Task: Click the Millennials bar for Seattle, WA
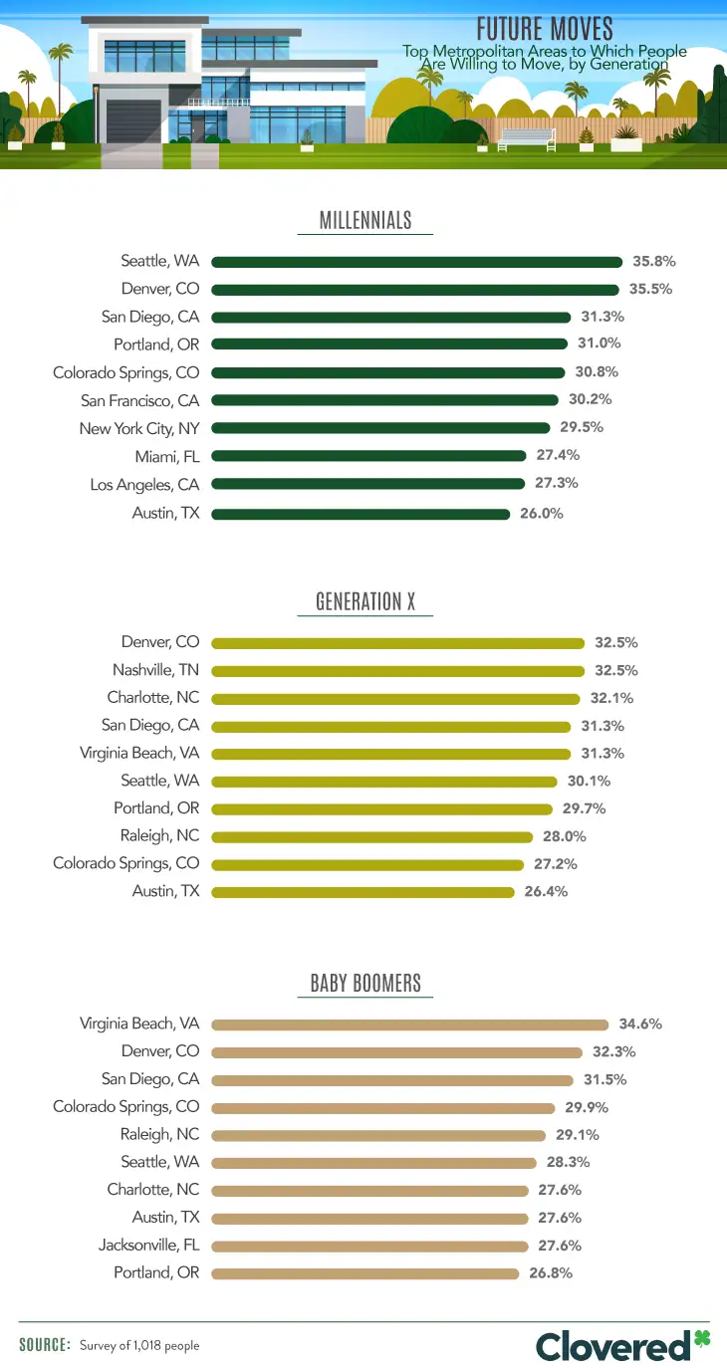(416, 262)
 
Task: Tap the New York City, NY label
(139, 428)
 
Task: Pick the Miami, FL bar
(368, 456)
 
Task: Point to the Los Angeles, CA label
(144, 484)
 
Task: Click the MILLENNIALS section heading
(364, 221)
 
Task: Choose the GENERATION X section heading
(364, 601)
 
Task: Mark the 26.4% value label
(546, 891)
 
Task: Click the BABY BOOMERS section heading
(364, 984)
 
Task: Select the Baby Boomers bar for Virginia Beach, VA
(409, 1024)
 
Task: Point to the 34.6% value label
(640, 1024)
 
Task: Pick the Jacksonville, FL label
(148, 1245)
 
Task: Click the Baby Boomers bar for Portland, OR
(364, 1273)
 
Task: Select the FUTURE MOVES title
(544, 28)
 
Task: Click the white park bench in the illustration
(527, 138)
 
